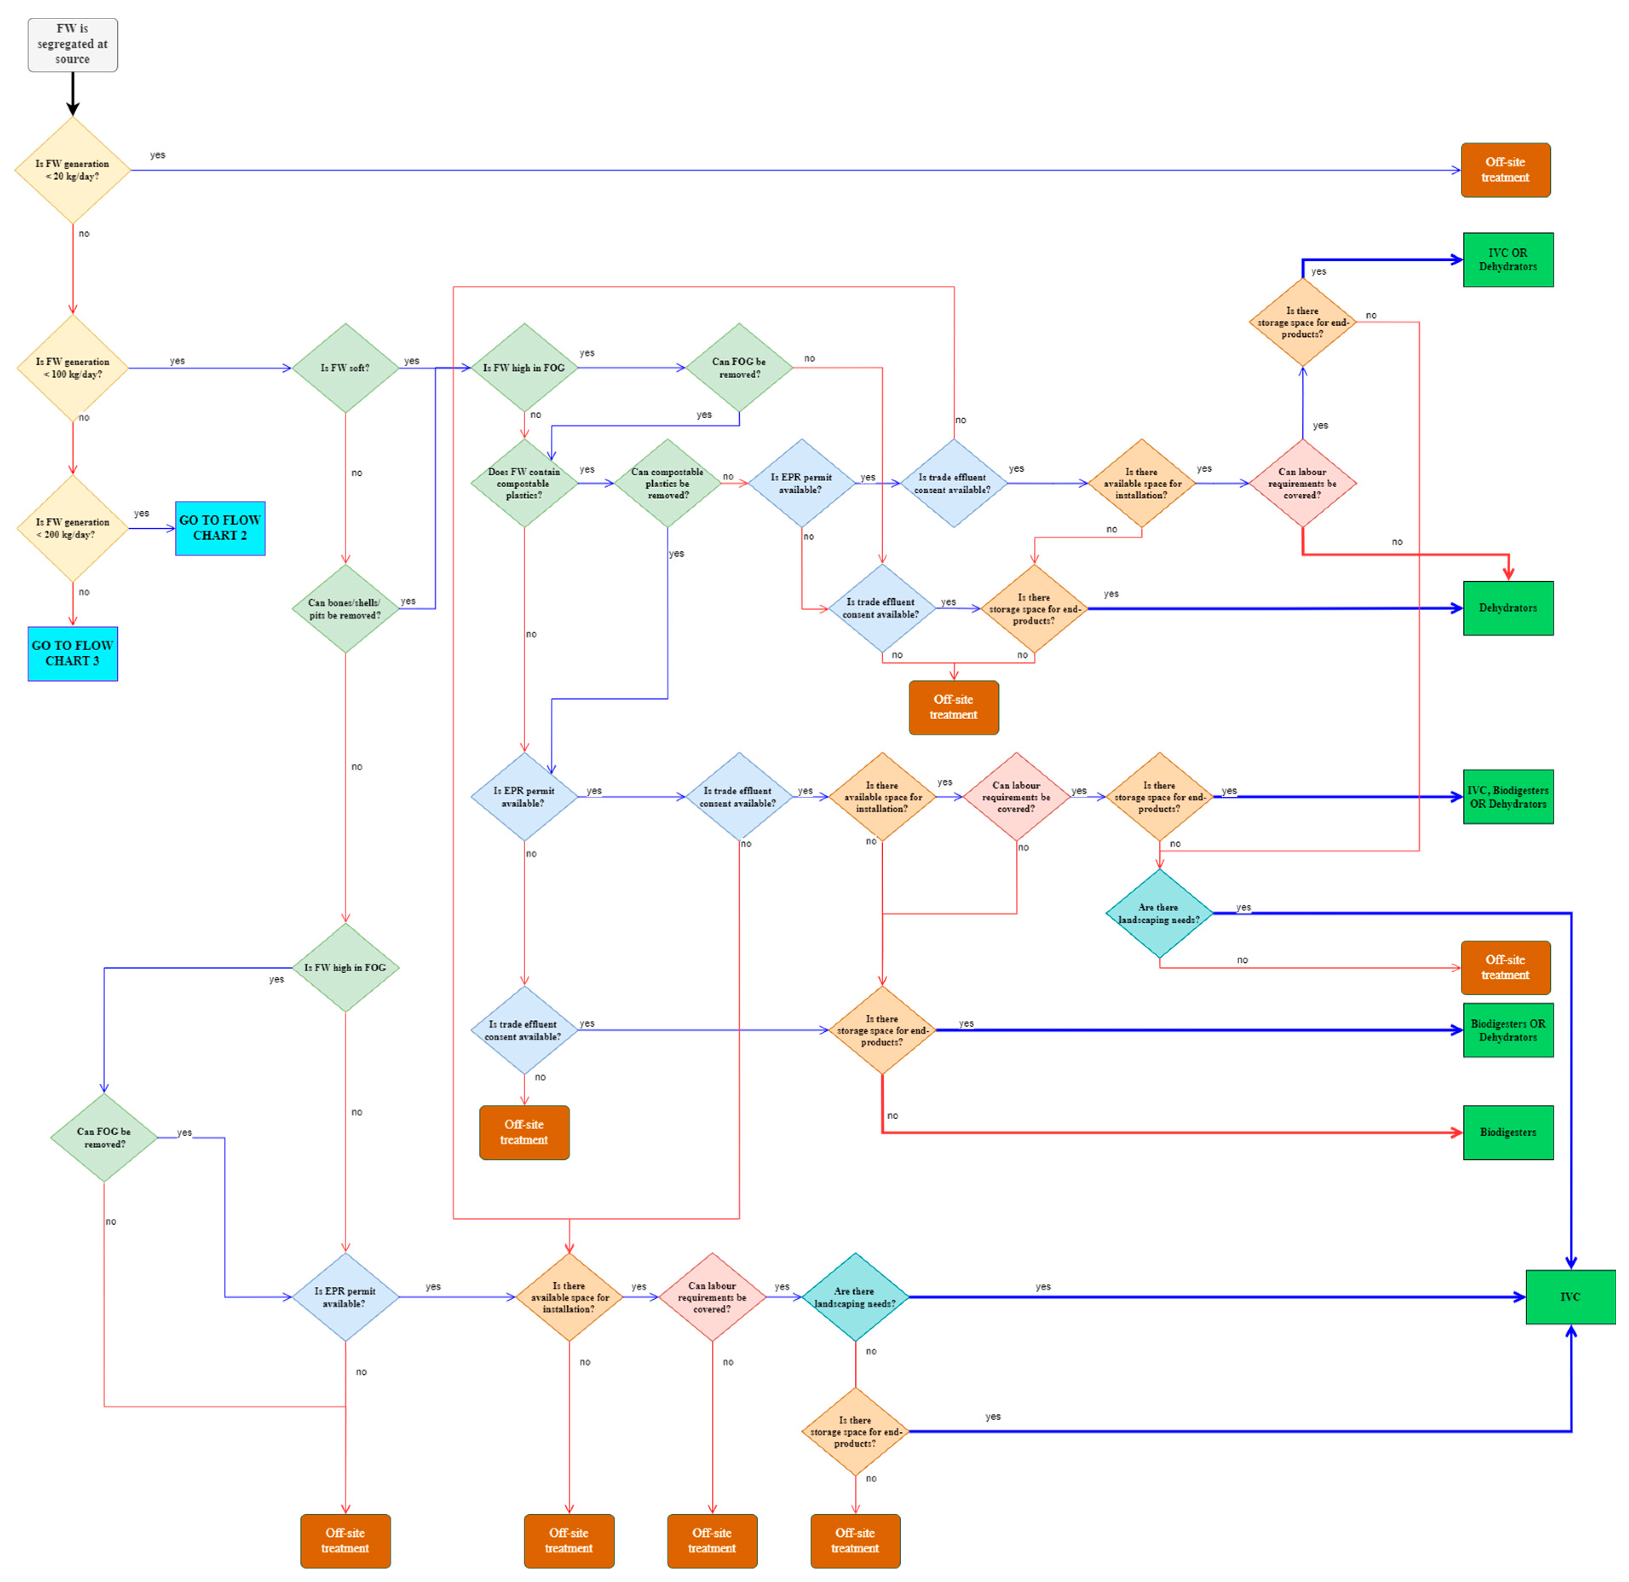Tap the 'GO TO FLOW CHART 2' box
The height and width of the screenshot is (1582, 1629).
[220, 528]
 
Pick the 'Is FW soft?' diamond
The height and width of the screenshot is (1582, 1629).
[345, 368]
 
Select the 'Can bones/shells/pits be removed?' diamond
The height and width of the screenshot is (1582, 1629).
[345, 609]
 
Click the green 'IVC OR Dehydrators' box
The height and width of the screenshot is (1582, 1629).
[1508, 260]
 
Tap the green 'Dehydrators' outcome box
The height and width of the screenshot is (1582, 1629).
[1508, 608]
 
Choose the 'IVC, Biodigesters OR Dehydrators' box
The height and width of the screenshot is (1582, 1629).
[1508, 797]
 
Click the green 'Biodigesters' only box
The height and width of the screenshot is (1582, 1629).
[1508, 1132]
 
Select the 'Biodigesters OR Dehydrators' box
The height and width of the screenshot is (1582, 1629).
[1508, 1030]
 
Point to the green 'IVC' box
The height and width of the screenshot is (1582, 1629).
[1570, 1297]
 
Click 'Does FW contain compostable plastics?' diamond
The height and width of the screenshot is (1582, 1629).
[524, 484]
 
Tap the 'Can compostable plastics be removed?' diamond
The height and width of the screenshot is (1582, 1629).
[668, 484]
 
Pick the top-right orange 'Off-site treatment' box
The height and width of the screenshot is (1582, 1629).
[1505, 170]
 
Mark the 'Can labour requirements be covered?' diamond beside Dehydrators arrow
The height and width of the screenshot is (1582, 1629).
[1302, 484]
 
